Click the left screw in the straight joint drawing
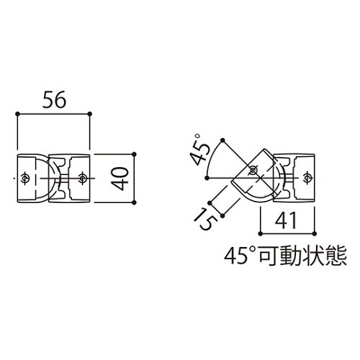click(x=26, y=176)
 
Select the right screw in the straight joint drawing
click(x=83, y=176)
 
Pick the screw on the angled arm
click(x=252, y=170)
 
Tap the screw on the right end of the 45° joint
click(x=307, y=176)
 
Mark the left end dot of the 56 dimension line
click(x=17, y=114)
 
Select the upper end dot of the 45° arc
click(x=225, y=139)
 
